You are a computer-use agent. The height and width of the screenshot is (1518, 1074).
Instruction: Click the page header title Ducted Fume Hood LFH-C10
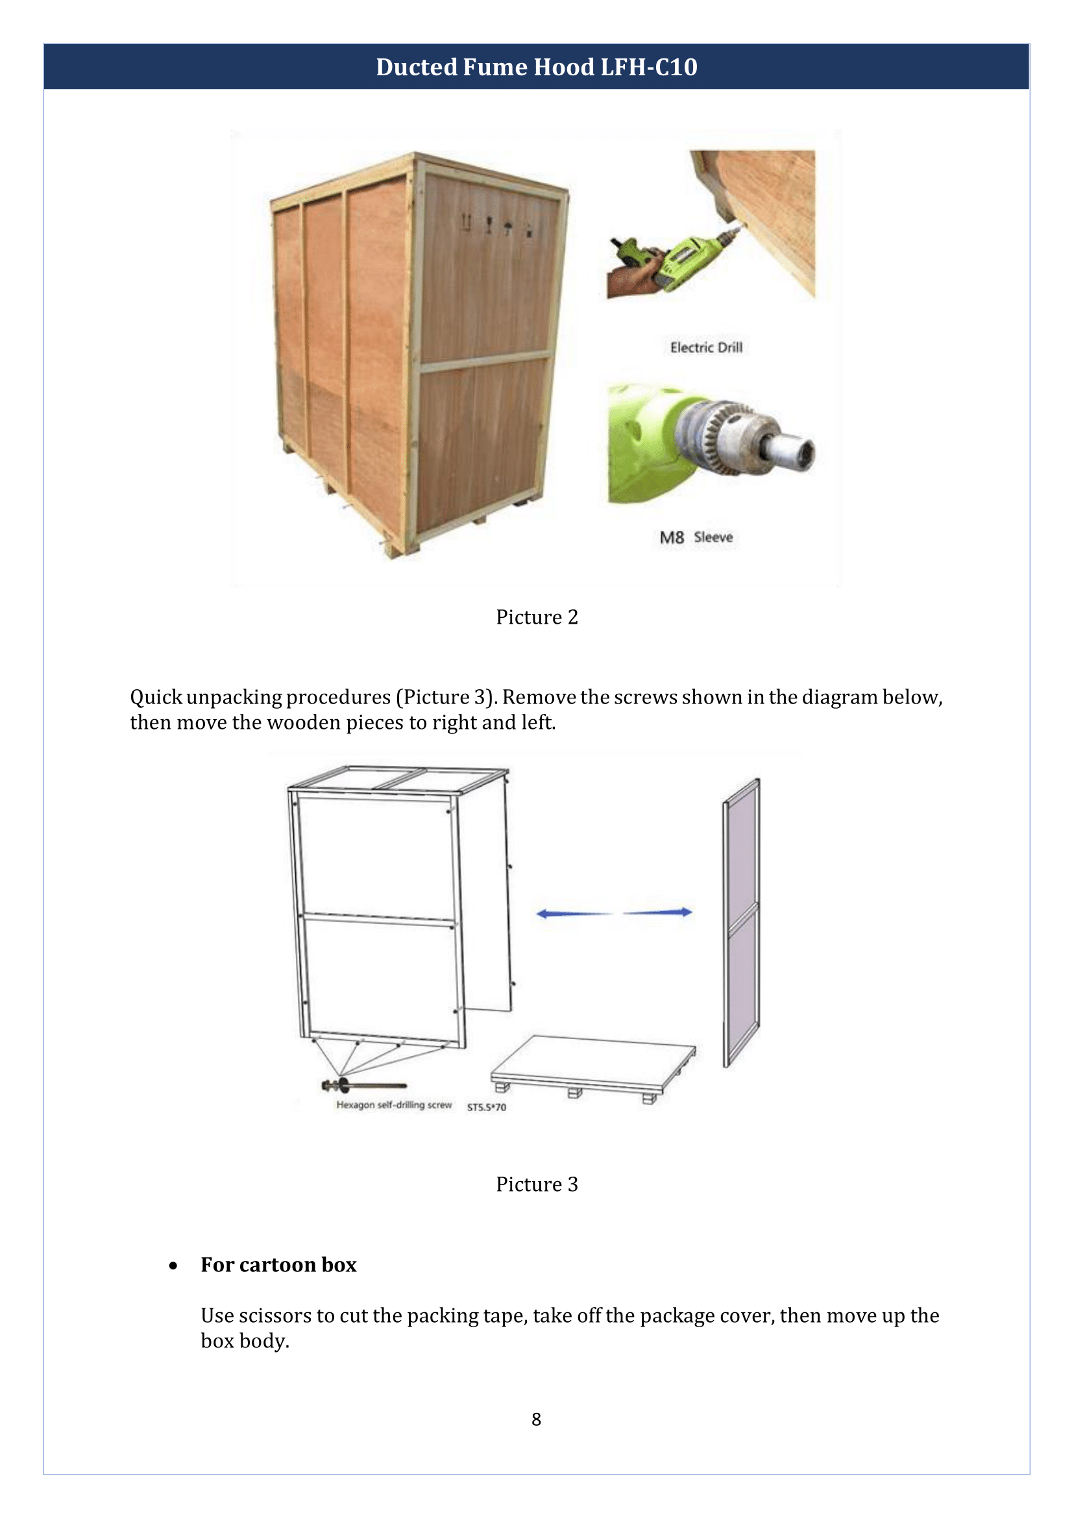click(x=536, y=67)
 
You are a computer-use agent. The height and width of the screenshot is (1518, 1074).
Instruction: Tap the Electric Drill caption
click(x=705, y=347)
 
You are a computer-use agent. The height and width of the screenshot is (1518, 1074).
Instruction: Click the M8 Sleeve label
click(x=696, y=537)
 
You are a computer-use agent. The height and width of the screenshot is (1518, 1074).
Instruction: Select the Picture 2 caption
click(x=536, y=617)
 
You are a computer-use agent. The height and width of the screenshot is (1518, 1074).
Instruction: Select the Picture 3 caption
click(x=536, y=1184)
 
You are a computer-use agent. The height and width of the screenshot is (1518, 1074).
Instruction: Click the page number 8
click(x=536, y=1419)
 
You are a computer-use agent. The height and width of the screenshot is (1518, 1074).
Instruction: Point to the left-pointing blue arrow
click(x=573, y=913)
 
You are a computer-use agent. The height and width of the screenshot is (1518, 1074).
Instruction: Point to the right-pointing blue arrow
click(x=659, y=912)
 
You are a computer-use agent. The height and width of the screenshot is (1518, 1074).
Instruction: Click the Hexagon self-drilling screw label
click(x=393, y=1105)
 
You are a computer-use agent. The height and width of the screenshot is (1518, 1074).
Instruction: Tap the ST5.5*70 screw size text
click(x=486, y=1107)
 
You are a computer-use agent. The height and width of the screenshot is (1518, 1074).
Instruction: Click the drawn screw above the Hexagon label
click(x=363, y=1085)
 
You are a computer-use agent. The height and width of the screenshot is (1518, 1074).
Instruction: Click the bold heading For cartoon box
click(x=278, y=1264)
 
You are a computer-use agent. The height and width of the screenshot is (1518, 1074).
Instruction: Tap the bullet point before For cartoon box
click(x=173, y=1266)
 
